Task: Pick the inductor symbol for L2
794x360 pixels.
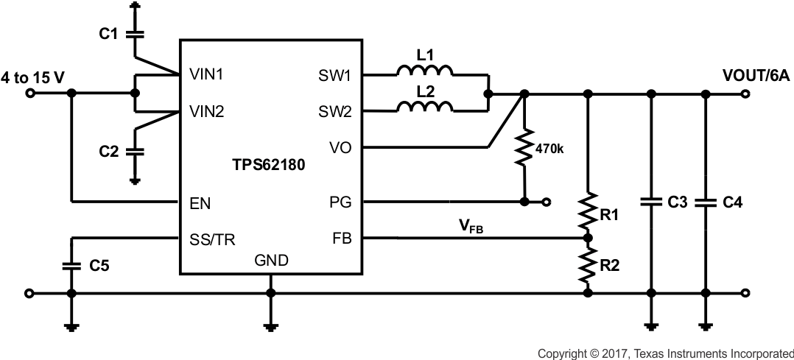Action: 424,108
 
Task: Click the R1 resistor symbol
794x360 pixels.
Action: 587,212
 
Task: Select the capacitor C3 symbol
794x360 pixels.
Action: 650,202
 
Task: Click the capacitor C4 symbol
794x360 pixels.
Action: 705,202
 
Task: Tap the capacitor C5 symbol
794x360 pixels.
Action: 71,265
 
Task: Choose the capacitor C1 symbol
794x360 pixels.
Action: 135,33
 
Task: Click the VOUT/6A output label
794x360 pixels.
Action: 756,76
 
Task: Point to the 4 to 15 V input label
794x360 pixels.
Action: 32,77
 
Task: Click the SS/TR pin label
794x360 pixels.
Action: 213,239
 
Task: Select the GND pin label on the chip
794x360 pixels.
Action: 271,260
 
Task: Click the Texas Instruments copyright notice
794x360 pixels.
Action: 665,353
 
